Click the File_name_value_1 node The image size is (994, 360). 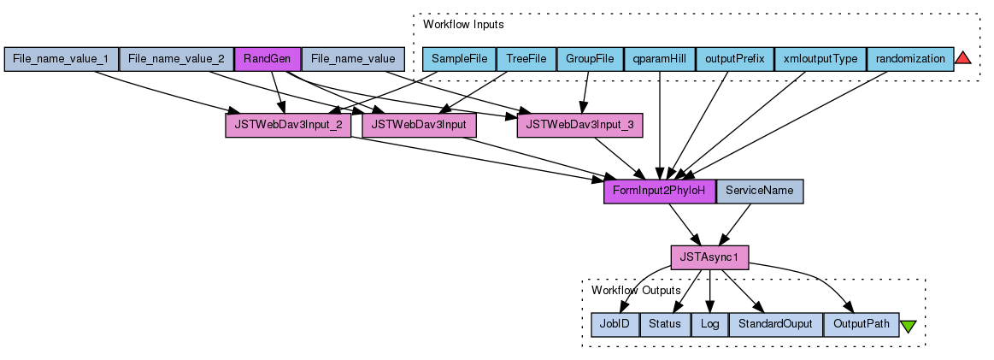pyautogui.click(x=61, y=59)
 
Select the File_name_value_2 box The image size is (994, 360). pyautogui.click(x=176, y=59)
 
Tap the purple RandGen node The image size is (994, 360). pyautogui.click(x=268, y=59)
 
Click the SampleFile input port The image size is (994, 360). pyautogui.click(x=459, y=59)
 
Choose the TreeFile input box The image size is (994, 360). pyautogui.click(x=526, y=59)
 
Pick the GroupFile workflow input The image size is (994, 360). pyautogui.click(x=590, y=59)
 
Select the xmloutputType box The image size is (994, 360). pyautogui.click(x=820, y=59)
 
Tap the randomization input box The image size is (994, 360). pyautogui.click(x=909, y=59)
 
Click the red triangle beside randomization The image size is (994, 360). pyautogui.click(x=962, y=58)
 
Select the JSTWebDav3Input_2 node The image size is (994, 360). pyautogui.click(x=287, y=125)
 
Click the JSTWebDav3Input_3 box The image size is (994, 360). pyautogui.click(x=579, y=125)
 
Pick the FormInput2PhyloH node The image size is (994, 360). pyautogui.click(x=659, y=191)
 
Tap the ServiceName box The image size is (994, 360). pyautogui.click(x=759, y=191)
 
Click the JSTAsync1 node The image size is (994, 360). pyautogui.click(x=709, y=257)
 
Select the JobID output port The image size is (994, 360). pyautogui.click(x=615, y=324)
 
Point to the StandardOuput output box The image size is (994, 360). pyautogui.click(x=775, y=324)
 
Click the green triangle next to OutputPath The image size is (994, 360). pyautogui.click(x=908, y=326)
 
